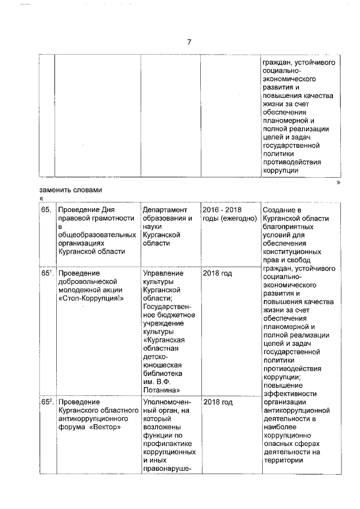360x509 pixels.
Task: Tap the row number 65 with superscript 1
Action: tap(47, 273)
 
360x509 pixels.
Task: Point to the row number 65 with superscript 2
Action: tap(47, 402)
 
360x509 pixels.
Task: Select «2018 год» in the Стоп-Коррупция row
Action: tap(217, 273)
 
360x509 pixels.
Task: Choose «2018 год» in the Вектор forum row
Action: tap(217, 402)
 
